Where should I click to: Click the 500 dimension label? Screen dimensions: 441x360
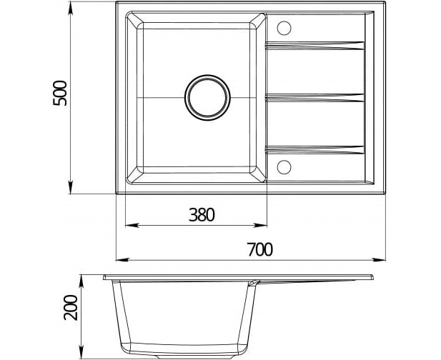tap(60, 93)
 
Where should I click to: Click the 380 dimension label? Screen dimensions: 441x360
tap(202, 215)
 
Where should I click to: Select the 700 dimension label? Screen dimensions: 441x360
tap(260, 249)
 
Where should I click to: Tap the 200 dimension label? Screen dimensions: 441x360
tap(71, 307)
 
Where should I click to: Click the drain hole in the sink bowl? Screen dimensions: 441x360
tap(207, 98)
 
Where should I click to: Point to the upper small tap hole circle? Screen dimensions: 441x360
tap(284, 28)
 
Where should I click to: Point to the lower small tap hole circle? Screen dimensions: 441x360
tap(284, 167)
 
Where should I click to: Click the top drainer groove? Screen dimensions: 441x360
tap(315, 46)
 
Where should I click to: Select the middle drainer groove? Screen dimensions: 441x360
tap(315, 98)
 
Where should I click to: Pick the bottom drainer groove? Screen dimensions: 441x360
tap(315, 150)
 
